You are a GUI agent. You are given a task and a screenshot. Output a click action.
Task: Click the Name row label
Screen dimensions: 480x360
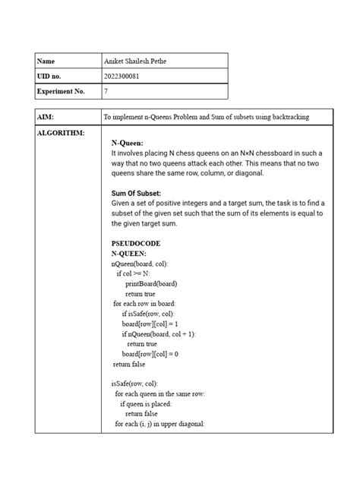[x=47, y=61]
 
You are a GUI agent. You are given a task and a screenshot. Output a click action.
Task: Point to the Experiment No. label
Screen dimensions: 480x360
[x=62, y=91]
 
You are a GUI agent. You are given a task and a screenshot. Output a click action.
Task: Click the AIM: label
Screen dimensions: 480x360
[x=47, y=117]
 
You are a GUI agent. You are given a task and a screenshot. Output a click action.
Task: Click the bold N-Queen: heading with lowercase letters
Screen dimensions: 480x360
[x=127, y=142]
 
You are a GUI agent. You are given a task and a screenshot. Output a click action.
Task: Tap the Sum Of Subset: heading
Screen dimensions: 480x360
[x=136, y=194]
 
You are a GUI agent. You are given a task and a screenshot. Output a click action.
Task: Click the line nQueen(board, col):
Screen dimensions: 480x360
[x=140, y=264]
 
